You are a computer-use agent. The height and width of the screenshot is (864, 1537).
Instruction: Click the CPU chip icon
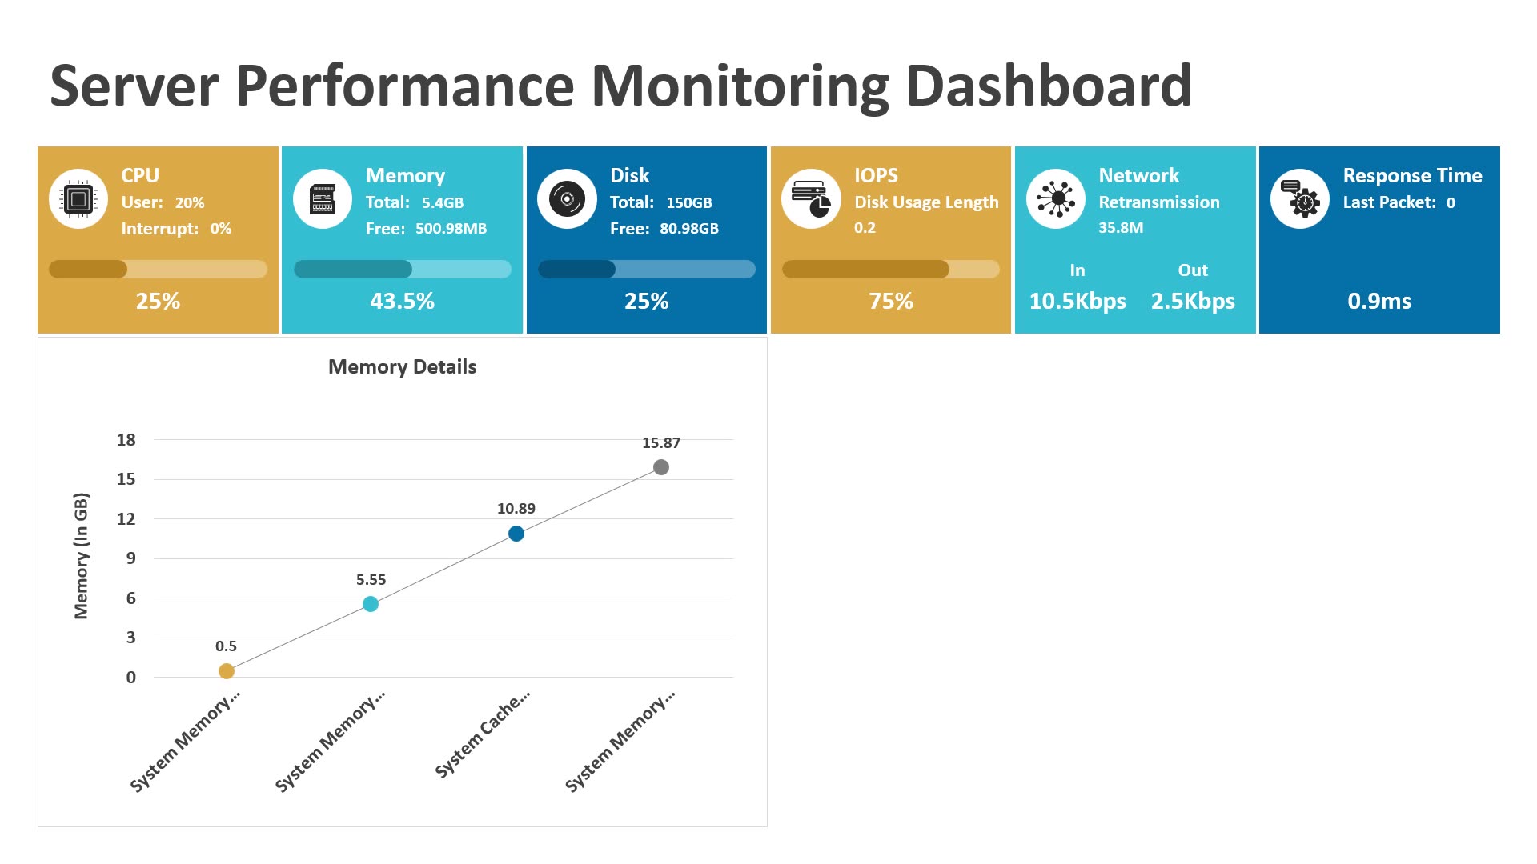click(78, 199)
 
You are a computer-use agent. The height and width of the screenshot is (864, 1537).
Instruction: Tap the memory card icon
click(323, 199)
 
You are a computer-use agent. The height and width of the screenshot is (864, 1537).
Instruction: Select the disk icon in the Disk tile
click(567, 199)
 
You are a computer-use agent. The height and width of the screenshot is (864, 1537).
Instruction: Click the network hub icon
click(1056, 199)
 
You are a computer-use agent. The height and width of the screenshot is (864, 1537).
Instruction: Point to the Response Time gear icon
click(1300, 199)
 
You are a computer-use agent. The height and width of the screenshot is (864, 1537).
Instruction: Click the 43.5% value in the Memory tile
click(402, 302)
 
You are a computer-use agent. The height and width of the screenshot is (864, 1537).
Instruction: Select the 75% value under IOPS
click(890, 302)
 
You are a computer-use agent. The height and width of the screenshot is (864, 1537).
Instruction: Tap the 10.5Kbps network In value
click(1077, 302)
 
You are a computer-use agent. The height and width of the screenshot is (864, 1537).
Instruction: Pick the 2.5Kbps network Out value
click(1192, 302)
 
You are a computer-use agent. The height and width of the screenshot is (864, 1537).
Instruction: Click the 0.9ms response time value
click(1378, 302)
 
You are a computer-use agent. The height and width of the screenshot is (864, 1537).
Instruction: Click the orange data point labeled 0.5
click(227, 671)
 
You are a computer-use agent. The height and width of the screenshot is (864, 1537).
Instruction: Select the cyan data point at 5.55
click(371, 604)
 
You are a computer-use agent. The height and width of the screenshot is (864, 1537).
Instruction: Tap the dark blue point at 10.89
click(516, 534)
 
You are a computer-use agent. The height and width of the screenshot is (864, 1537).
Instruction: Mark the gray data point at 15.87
click(661, 467)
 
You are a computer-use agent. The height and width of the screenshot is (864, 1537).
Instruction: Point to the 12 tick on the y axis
click(126, 519)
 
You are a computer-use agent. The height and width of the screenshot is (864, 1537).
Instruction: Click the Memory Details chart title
click(402, 367)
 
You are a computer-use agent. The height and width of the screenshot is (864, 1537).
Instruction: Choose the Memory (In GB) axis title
click(81, 556)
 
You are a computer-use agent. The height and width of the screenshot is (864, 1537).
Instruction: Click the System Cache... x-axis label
click(483, 734)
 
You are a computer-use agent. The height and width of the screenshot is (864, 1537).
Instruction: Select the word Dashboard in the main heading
click(1049, 86)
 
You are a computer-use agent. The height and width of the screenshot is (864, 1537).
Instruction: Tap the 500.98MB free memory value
click(451, 229)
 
